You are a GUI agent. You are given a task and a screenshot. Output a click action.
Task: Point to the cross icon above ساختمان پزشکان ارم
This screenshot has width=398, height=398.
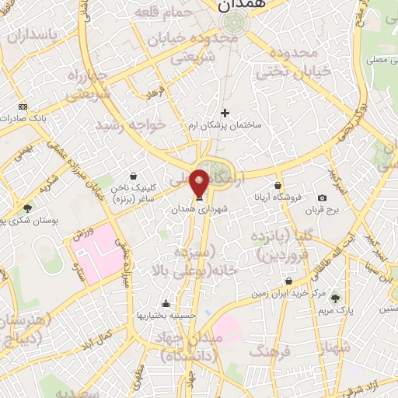click(225, 113)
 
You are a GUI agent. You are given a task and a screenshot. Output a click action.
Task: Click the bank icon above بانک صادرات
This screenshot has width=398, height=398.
click(23, 106)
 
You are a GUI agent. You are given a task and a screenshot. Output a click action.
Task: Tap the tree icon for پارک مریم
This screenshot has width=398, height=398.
click(335, 298)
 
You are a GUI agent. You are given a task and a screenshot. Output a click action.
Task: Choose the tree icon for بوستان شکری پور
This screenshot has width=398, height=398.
click(28, 208)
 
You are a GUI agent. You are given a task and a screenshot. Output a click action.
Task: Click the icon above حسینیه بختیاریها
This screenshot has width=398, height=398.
click(165, 303)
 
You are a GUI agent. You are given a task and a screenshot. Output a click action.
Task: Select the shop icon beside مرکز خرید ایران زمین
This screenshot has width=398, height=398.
click(289, 281)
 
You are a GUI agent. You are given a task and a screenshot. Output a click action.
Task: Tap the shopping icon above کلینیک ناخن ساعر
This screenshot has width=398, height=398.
click(134, 176)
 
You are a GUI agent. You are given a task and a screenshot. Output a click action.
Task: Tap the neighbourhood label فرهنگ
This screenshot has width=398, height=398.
click(267, 351)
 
